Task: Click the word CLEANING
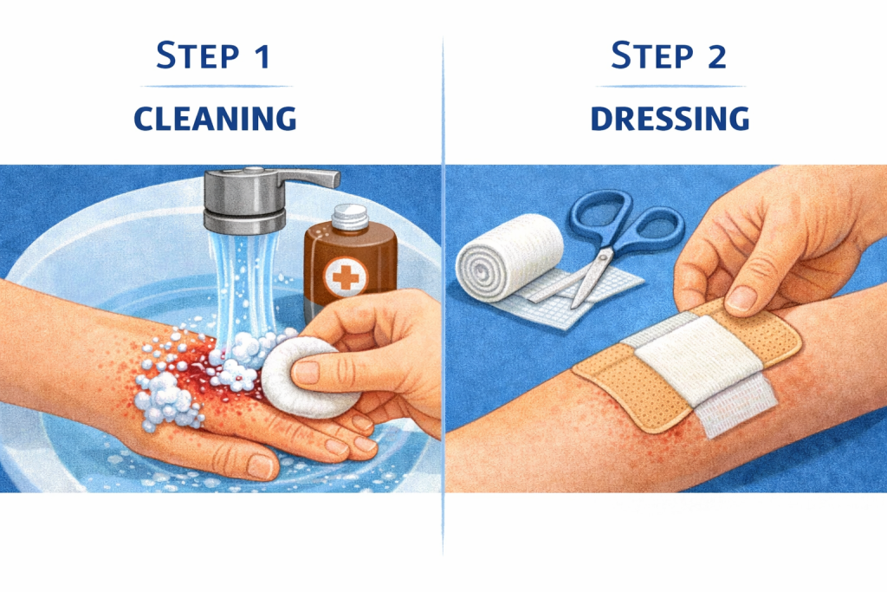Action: click(x=215, y=119)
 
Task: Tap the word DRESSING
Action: click(x=670, y=119)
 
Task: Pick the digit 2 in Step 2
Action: click(x=716, y=57)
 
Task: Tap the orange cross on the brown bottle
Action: click(x=346, y=276)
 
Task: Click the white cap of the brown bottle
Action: click(x=350, y=218)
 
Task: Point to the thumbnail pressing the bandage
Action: click(x=741, y=298)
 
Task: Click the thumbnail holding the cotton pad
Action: click(x=307, y=372)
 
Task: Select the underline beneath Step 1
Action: click(x=216, y=87)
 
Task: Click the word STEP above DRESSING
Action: click(x=652, y=56)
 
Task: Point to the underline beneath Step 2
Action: click(x=670, y=87)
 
